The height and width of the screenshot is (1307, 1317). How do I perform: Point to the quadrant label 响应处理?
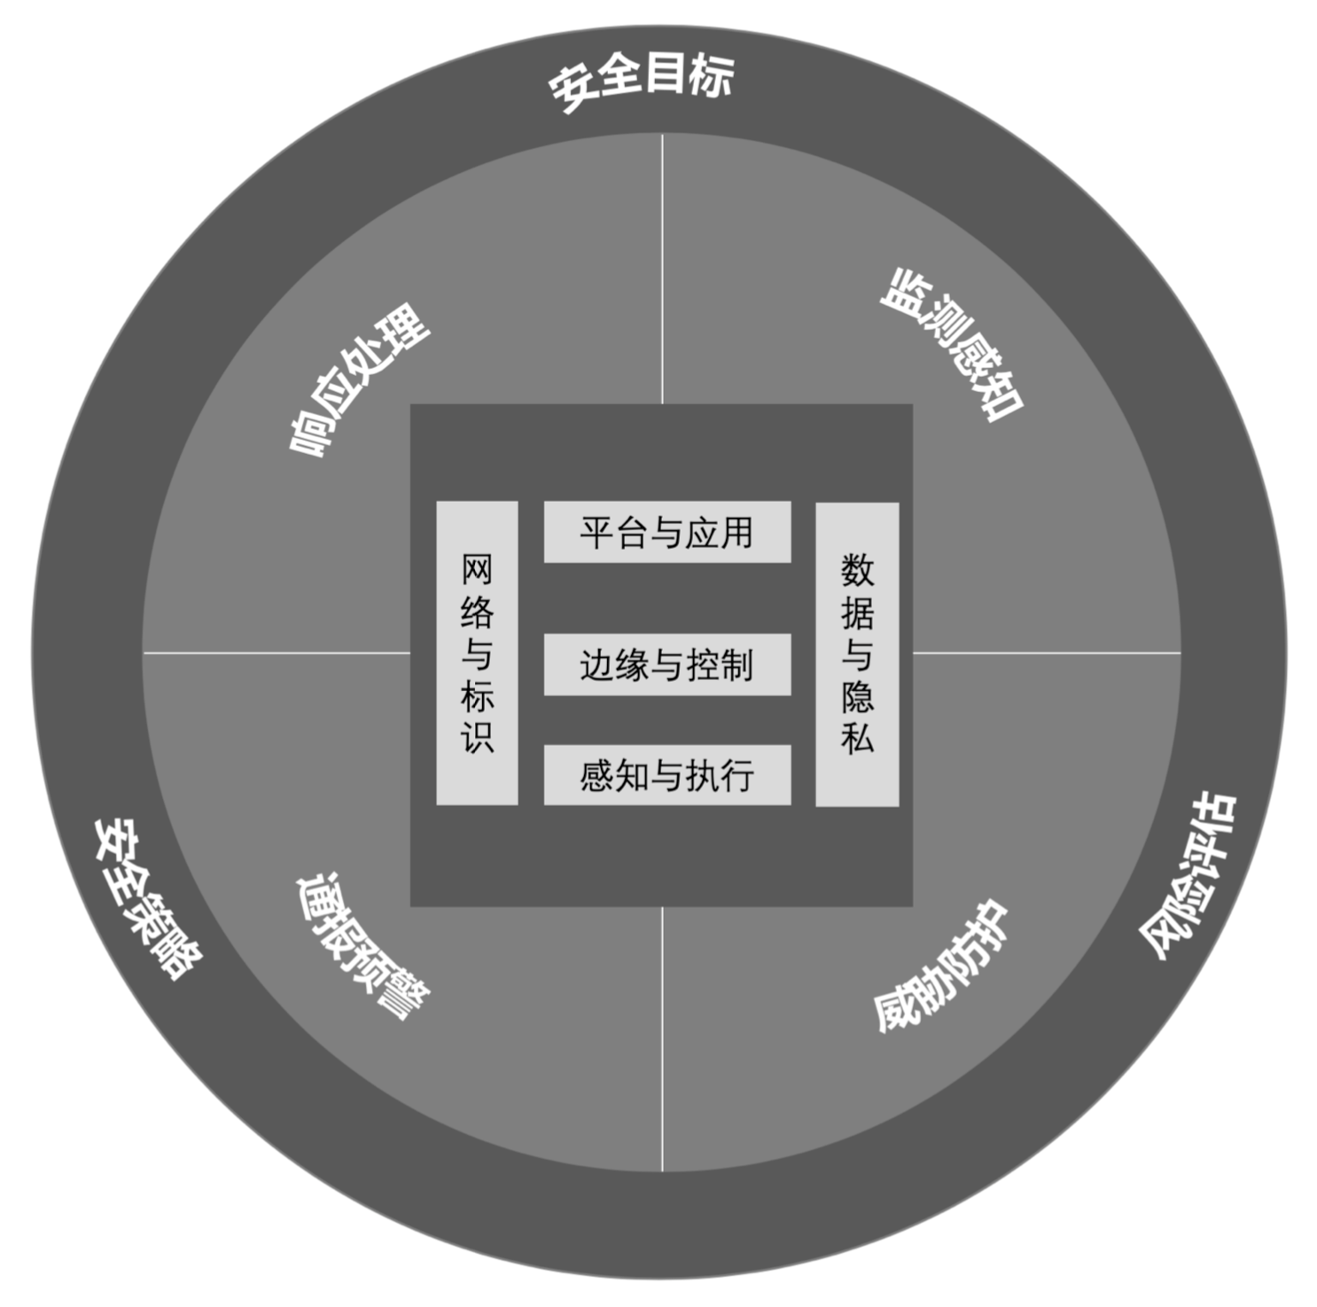click(x=360, y=379)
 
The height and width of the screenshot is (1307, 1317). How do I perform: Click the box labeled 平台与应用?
click(x=667, y=532)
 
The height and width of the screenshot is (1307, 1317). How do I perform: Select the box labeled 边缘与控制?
click(x=667, y=664)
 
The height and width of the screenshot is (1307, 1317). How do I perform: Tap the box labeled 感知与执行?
click(x=667, y=775)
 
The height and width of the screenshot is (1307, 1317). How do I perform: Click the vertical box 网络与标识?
click(x=477, y=653)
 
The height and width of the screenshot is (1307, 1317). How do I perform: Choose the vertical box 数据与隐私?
click(x=857, y=654)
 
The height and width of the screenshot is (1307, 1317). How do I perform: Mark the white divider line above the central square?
click(x=662, y=269)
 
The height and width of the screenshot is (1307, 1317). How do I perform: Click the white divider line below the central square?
click(x=662, y=1039)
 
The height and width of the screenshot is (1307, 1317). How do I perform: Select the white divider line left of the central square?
click(x=277, y=653)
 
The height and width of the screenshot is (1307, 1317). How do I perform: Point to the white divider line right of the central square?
click(x=1047, y=653)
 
